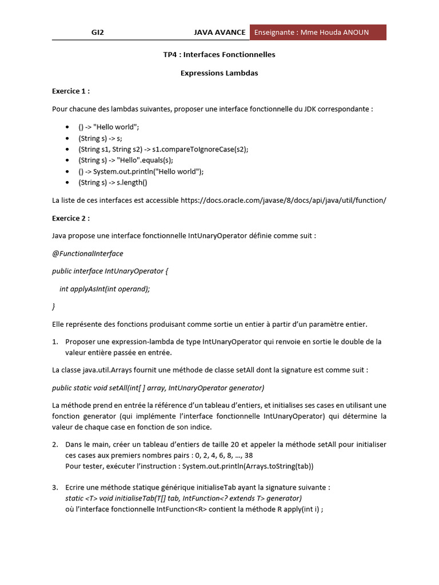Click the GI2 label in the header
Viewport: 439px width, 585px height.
coord(98,33)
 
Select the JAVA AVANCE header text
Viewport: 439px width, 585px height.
coord(219,33)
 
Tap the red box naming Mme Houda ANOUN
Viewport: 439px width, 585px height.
coord(318,33)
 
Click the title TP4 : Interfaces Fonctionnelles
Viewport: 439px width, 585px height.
coord(219,55)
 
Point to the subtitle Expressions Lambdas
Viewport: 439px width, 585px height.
coord(219,73)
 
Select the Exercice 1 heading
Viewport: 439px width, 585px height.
coord(71,91)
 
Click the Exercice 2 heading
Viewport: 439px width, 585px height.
coord(71,218)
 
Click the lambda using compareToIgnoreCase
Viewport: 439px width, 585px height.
coord(163,149)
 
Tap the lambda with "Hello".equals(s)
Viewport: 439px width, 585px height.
coord(126,161)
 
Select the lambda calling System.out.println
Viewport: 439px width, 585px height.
coord(141,171)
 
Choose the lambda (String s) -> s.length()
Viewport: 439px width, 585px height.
coord(113,183)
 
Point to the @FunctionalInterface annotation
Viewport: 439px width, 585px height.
coord(87,253)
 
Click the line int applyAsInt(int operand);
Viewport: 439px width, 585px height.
coord(105,289)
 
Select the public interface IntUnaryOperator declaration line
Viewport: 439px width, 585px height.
coord(107,271)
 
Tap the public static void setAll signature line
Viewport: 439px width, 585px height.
coord(158,388)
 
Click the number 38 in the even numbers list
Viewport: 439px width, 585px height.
coord(249,455)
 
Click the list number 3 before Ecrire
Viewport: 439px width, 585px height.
coord(55,487)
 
